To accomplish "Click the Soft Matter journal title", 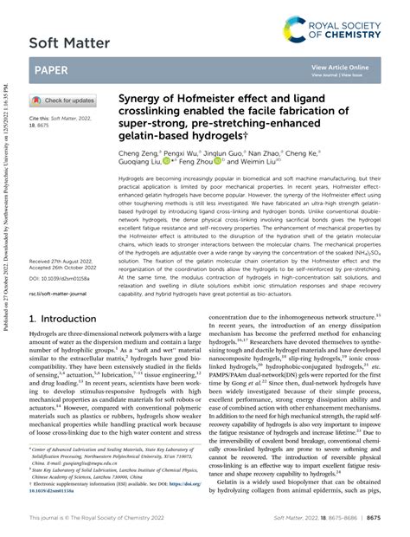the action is pyautogui.click(x=70, y=42).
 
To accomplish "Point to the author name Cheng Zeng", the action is pyautogui.click(x=138, y=152).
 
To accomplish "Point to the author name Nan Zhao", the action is pyautogui.click(x=293, y=152).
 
